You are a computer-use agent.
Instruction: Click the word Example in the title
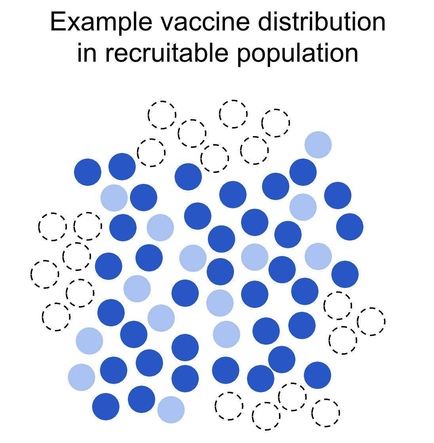click(101, 23)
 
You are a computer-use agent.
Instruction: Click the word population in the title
click(297, 54)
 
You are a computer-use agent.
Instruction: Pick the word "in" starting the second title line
click(86, 53)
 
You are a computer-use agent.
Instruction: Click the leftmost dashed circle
click(45, 274)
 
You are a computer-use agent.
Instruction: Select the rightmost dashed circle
click(371, 321)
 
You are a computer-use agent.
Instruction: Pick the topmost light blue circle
click(318, 145)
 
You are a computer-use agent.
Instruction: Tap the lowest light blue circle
click(171, 409)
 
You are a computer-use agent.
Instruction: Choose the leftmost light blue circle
click(82, 377)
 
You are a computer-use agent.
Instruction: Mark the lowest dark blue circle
click(106, 407)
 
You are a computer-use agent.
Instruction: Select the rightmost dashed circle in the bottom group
click(325, 413)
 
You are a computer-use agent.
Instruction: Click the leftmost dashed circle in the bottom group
click(229, 406)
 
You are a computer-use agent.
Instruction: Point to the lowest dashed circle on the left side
click(56, 317)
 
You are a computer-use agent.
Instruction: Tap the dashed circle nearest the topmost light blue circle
click(276, 123)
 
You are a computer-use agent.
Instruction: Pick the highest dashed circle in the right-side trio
click(337, 305)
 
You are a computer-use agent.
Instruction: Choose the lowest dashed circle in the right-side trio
click(343, 340)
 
